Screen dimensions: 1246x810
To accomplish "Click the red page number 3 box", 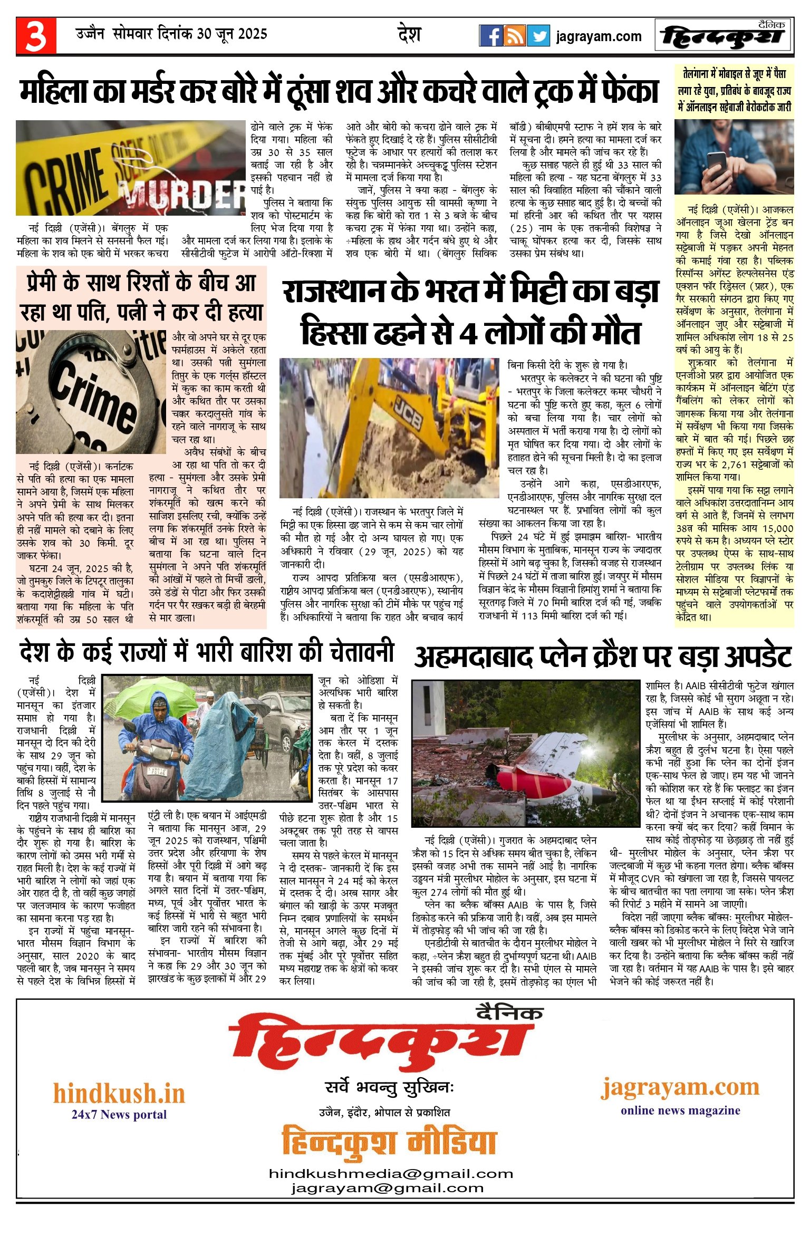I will pos(36,36).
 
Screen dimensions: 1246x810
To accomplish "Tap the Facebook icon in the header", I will pos(490,36).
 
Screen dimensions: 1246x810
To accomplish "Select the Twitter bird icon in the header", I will pos(538,36).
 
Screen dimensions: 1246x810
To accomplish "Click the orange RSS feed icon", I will pos(514,36).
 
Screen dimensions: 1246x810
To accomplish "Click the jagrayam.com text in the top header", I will pos(599,36).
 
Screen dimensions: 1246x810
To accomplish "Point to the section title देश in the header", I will pos(409,35).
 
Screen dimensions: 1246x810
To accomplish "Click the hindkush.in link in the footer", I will pos(119,1094).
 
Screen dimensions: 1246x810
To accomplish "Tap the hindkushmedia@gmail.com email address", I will pos(391,1174).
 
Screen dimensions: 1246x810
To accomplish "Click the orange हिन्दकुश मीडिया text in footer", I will pos(389,1142).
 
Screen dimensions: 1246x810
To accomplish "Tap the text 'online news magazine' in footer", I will pos(680,1110).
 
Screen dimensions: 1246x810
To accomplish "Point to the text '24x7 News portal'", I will pos(119,1114).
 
